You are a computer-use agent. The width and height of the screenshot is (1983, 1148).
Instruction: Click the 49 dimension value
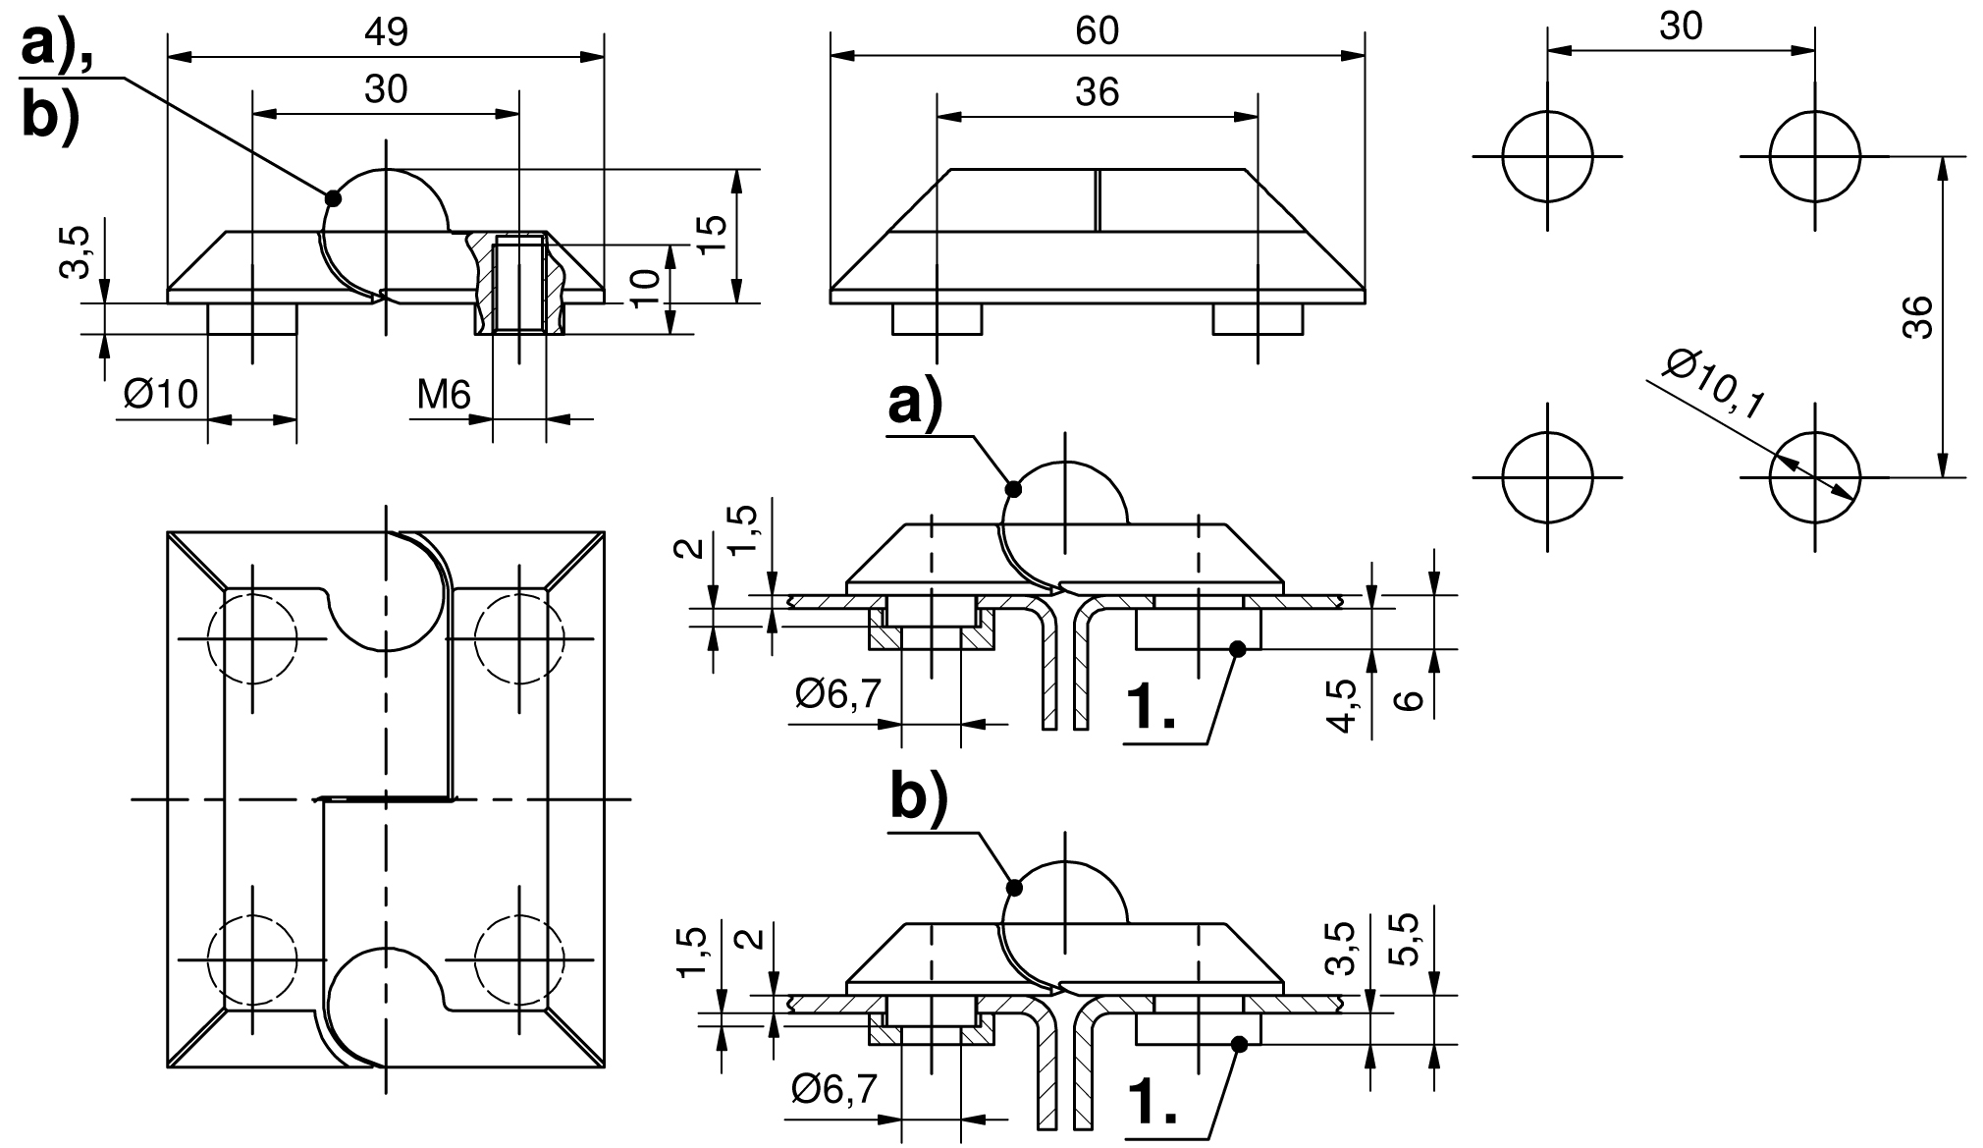385,32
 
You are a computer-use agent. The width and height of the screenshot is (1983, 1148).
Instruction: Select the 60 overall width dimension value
1097,31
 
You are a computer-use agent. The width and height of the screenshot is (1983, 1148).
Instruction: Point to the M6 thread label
444,395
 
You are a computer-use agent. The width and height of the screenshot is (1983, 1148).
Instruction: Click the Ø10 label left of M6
161,395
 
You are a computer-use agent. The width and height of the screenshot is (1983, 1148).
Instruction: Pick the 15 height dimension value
716,234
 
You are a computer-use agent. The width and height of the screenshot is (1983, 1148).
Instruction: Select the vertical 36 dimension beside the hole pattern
1916,316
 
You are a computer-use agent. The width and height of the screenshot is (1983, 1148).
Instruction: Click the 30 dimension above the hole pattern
1681,27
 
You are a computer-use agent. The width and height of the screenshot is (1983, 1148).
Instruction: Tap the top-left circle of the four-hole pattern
1547,156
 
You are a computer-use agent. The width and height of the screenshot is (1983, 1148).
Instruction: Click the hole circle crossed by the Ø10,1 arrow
1814,478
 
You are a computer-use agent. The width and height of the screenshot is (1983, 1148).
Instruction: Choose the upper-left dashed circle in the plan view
251,638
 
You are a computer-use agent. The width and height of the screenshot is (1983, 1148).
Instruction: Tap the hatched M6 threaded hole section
519,283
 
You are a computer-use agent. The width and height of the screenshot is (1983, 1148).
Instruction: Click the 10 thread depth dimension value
645,289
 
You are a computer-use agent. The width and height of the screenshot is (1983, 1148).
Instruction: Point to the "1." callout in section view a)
1152,707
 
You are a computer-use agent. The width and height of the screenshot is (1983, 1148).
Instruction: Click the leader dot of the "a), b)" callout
333,197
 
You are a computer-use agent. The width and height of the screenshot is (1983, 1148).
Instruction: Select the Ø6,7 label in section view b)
831,1090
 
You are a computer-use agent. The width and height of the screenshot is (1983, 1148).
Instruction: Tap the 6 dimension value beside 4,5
1408,701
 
